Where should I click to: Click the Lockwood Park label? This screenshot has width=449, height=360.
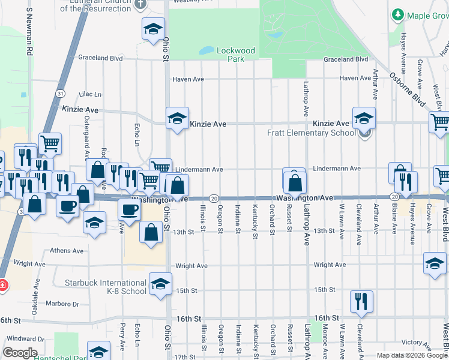[x=235, y=55]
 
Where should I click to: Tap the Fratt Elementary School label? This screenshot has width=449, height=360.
[x=312, y=133]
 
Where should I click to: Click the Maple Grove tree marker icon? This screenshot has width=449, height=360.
[x=397, y=15]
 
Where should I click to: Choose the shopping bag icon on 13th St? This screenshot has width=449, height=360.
[x=151, y=232]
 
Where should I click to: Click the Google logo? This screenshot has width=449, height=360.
[x=20, y=353]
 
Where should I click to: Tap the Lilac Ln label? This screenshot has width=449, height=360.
[x=90, y=94]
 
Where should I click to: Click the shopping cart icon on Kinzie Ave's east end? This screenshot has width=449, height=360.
[x=441, y=122]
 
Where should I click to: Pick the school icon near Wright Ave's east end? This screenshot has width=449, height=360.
[x=435, y=263]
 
